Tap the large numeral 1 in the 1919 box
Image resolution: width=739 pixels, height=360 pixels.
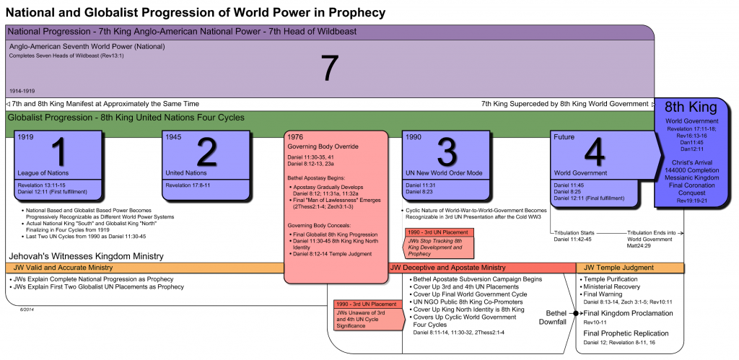(61, 151)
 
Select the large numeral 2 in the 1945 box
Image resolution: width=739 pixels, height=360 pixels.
(206, 151)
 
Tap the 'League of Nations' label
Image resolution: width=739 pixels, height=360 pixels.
(41, 173)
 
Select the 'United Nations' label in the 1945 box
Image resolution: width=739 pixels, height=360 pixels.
(186, 173)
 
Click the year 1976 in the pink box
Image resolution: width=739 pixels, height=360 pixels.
(295, 137)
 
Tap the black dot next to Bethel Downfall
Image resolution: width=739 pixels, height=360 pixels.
(576, 313)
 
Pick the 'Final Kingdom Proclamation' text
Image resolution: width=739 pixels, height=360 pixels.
(628, 313)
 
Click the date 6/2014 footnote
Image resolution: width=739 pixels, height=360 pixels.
(27, 309)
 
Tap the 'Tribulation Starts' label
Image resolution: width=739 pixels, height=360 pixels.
(574, 232)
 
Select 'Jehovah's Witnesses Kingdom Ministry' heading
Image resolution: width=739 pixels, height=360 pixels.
(86, 256)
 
